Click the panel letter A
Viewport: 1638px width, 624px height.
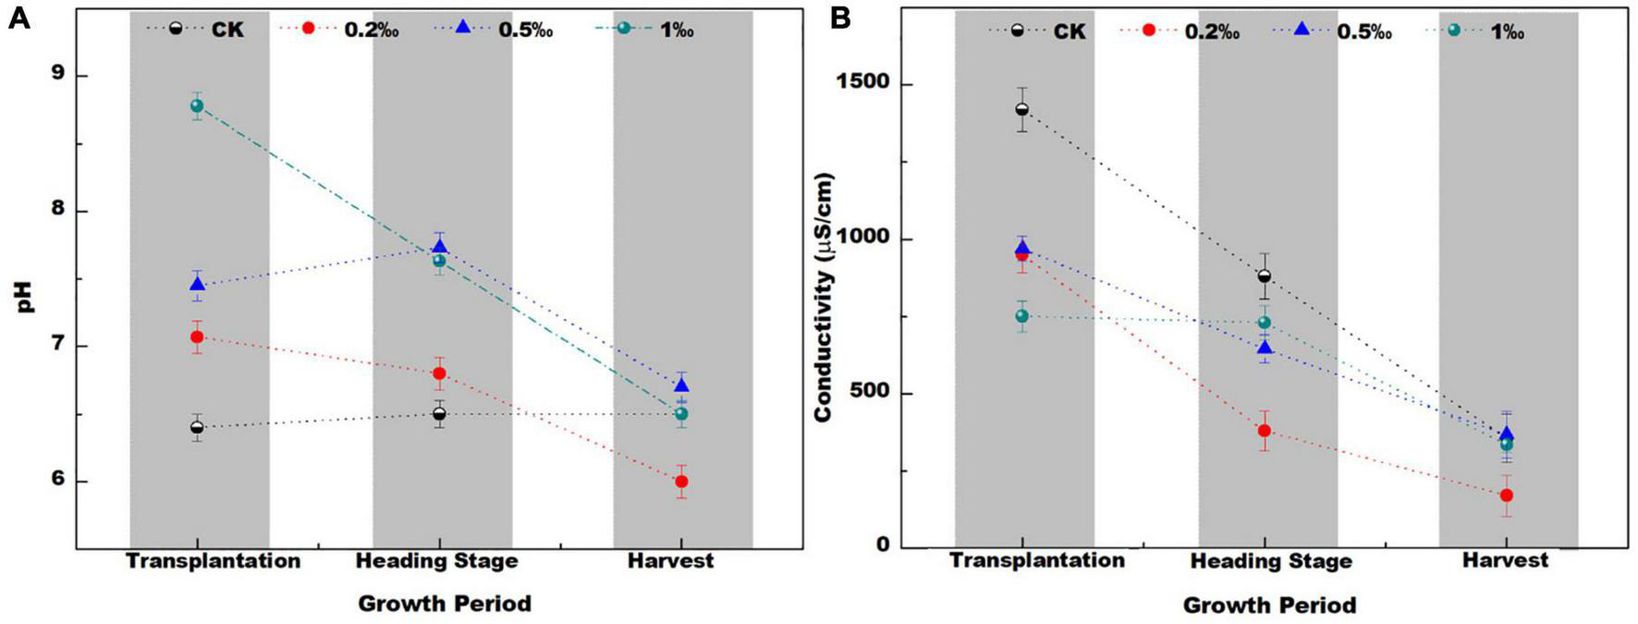point(18,18)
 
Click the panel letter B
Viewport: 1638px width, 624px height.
point(841,18)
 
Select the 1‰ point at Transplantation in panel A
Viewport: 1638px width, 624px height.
point(197,105)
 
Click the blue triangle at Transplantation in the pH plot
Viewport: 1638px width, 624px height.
point(197,285)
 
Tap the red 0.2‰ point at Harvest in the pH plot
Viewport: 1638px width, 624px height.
point(681,482)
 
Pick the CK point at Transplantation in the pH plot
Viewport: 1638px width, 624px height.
point(197,427)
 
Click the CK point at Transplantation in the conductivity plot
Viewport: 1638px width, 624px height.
point(1021,109)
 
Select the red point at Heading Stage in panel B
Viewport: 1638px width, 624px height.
point(1265,431)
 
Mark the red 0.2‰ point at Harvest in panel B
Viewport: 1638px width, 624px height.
point(1507,496)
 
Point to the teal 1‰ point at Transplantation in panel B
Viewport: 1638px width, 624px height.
point(1021,316)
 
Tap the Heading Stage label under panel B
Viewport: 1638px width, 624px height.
point(1270,561)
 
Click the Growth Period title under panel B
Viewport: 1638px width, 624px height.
point(1269,606)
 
